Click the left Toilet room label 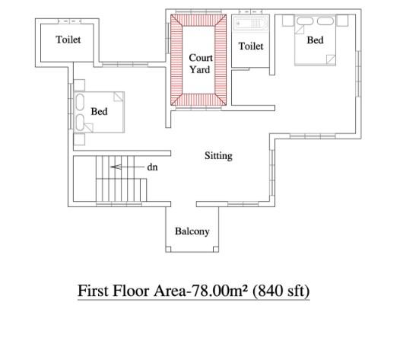pos(68,40)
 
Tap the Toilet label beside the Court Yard pos(251,46)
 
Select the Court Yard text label pos(201,64)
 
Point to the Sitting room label pos(218,156)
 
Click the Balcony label pos(192,231)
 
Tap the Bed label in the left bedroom pos(99,111)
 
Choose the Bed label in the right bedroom pos(315,40)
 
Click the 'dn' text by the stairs pos(152,167)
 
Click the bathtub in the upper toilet pos(250,24)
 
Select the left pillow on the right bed pos(305,21)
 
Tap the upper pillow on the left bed pos(80,102)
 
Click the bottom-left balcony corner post pos(168,250)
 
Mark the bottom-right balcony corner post pos(216,250)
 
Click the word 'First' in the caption pos(94,291)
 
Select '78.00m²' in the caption pos(220,291)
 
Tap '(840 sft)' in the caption pos(281,291)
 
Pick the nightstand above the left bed pos(79,85)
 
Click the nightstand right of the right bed pos(341,21)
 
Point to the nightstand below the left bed pos(79,139)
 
